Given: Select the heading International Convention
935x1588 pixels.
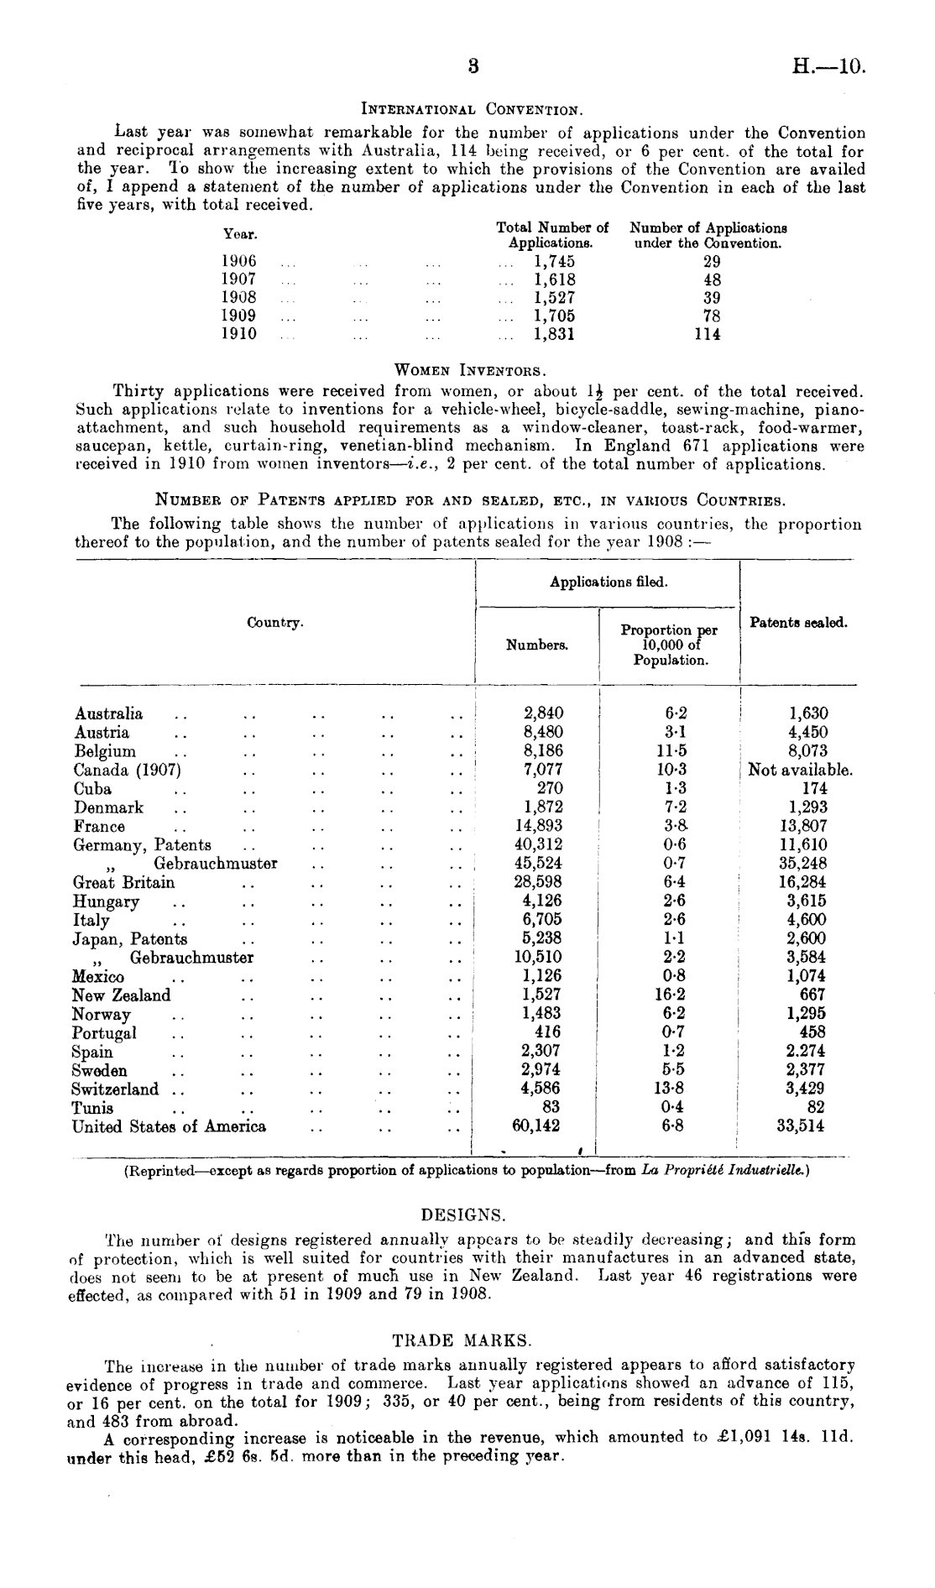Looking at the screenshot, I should [471, 109].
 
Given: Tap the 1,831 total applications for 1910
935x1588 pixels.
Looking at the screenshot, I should [554, 334].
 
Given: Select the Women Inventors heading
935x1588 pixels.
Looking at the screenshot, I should [470, 369].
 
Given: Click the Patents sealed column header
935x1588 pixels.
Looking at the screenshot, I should [798, 623].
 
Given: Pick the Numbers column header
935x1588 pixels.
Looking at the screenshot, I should [537, 645].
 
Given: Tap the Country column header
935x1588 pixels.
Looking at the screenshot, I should [274, 623].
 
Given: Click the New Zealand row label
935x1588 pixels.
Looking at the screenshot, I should [121, 995].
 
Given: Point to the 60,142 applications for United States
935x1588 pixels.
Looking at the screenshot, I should [536, 1126].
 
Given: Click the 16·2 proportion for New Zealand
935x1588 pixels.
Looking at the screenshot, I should [669, 995].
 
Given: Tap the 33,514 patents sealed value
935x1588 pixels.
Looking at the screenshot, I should [800, 1126].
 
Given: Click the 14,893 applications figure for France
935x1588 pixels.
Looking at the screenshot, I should [538, 826].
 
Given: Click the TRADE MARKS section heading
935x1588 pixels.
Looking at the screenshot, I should [463, 1340].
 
